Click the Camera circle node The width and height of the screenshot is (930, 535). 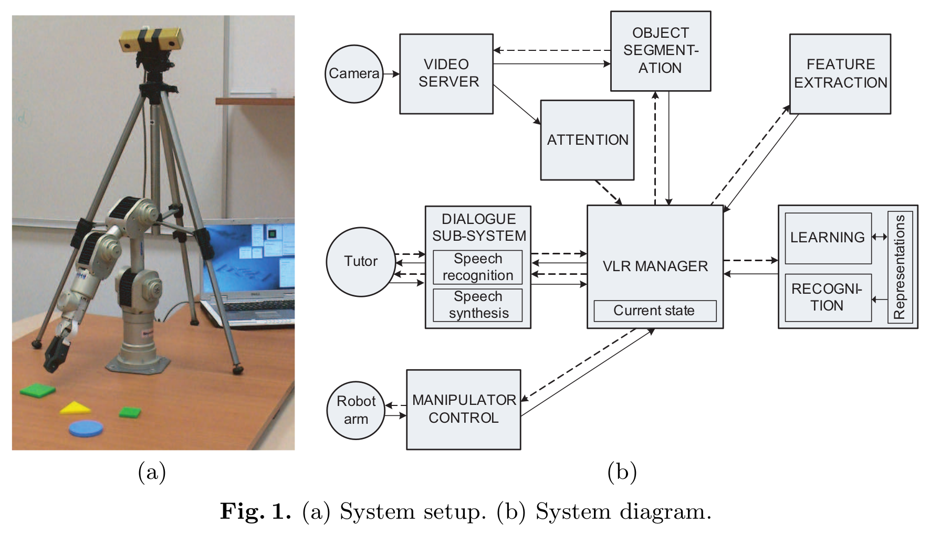pos(354,74)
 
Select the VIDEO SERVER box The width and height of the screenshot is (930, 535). pos(446,74)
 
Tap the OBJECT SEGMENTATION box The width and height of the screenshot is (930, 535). pos(660,51)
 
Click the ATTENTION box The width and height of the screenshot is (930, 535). pos(587,140)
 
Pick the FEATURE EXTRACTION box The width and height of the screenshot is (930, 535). pos(840,74)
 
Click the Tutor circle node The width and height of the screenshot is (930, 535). pos(361,261)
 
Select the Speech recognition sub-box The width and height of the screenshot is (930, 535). pos(477,267)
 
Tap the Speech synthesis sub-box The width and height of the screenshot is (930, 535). pos(477,305)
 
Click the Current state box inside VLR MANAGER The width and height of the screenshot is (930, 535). pos(654,311)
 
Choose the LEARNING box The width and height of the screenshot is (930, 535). pos(828,238)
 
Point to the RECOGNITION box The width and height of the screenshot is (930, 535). pos(828,297)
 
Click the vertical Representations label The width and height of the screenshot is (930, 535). pos(900,267)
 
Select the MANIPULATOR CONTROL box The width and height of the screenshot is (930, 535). pos(463,409)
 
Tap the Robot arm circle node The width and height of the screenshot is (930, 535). pos(356,410)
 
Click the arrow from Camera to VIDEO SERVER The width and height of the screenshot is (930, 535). pos(391,74)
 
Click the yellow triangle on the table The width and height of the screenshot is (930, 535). pos(75,408)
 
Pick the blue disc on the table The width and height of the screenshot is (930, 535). pos(86,428)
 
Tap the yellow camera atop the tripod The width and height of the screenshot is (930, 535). pos(150,40)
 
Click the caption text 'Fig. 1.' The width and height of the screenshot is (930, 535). pos(255,511)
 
